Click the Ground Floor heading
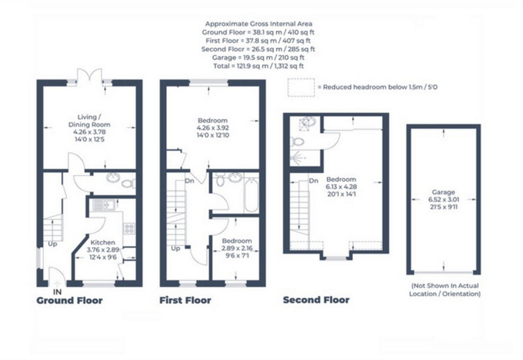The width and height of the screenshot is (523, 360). [69, 300]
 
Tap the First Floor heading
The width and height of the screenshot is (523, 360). [185, 300]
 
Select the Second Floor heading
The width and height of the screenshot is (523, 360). [316, 300]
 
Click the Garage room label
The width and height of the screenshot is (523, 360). [444, 192]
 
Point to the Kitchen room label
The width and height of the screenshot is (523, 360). [103, 242]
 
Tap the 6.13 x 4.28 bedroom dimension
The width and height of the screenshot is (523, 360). [341, 187]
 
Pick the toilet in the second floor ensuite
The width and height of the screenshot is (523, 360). [298, 141]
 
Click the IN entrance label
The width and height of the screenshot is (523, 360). [57, 292]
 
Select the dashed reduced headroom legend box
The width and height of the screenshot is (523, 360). [301, 87]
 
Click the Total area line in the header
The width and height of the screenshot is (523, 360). [258, 66]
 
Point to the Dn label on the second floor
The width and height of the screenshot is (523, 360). [313, 180]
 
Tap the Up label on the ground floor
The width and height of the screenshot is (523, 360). [53, 244]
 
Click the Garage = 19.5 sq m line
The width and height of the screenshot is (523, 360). [258, 58]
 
